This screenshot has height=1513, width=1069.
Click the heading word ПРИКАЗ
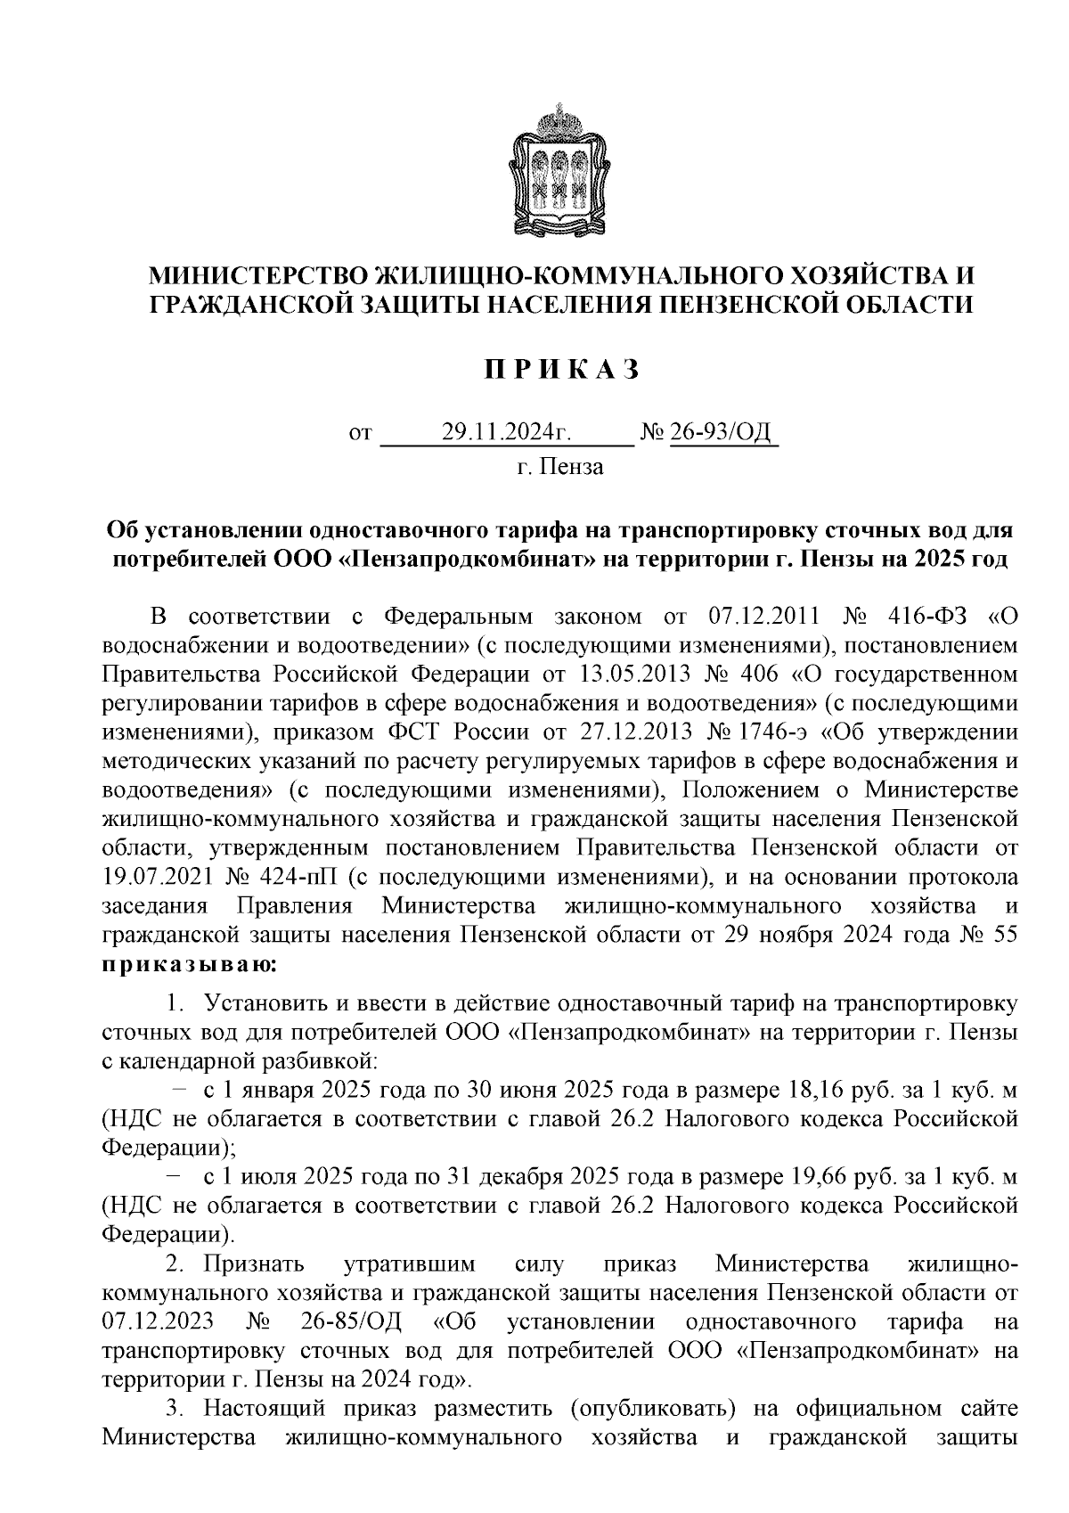561,370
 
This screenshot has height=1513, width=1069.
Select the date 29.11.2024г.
506,435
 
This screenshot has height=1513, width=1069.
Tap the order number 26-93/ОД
723,435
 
